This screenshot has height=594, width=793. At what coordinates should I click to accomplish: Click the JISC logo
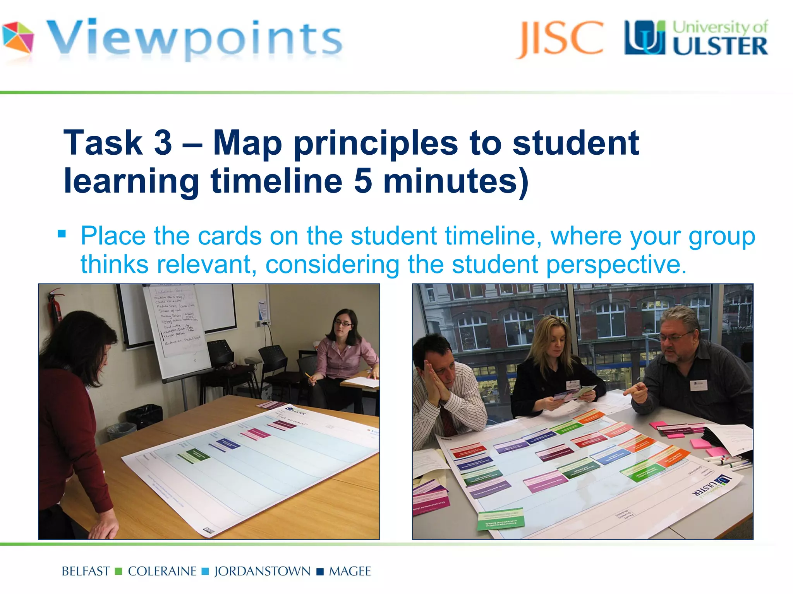[x=560, y=39]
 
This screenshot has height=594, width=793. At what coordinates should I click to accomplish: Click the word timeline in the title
[x=276, y=181]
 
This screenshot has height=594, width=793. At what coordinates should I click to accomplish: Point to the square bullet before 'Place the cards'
[x=62, y=234]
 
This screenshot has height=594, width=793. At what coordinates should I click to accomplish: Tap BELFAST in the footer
[x=86, y=572]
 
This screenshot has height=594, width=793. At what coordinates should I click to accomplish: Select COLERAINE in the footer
[x=162, y=572]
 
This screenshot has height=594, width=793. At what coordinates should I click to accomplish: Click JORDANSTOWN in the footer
[x=262, y=572]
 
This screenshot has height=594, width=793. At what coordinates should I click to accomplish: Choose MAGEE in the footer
[x=350, y=572]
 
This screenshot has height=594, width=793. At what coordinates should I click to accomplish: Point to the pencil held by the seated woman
[x=309, y=376]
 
